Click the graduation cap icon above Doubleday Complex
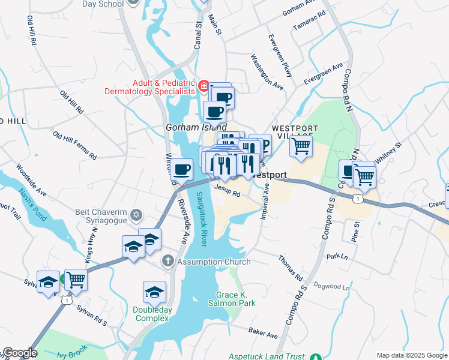coord(154,292)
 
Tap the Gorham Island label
coord(196,127)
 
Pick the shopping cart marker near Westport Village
coord(301,146)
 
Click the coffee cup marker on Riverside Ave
coord(181,169)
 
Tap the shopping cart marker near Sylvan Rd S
coord(76,279)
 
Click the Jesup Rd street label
coord(228,191)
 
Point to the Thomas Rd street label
coord(290,268)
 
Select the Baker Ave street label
coord(264,332)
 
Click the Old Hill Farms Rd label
coord(74,146)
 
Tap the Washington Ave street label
coord(267,73)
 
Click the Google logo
coord(19,353)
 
